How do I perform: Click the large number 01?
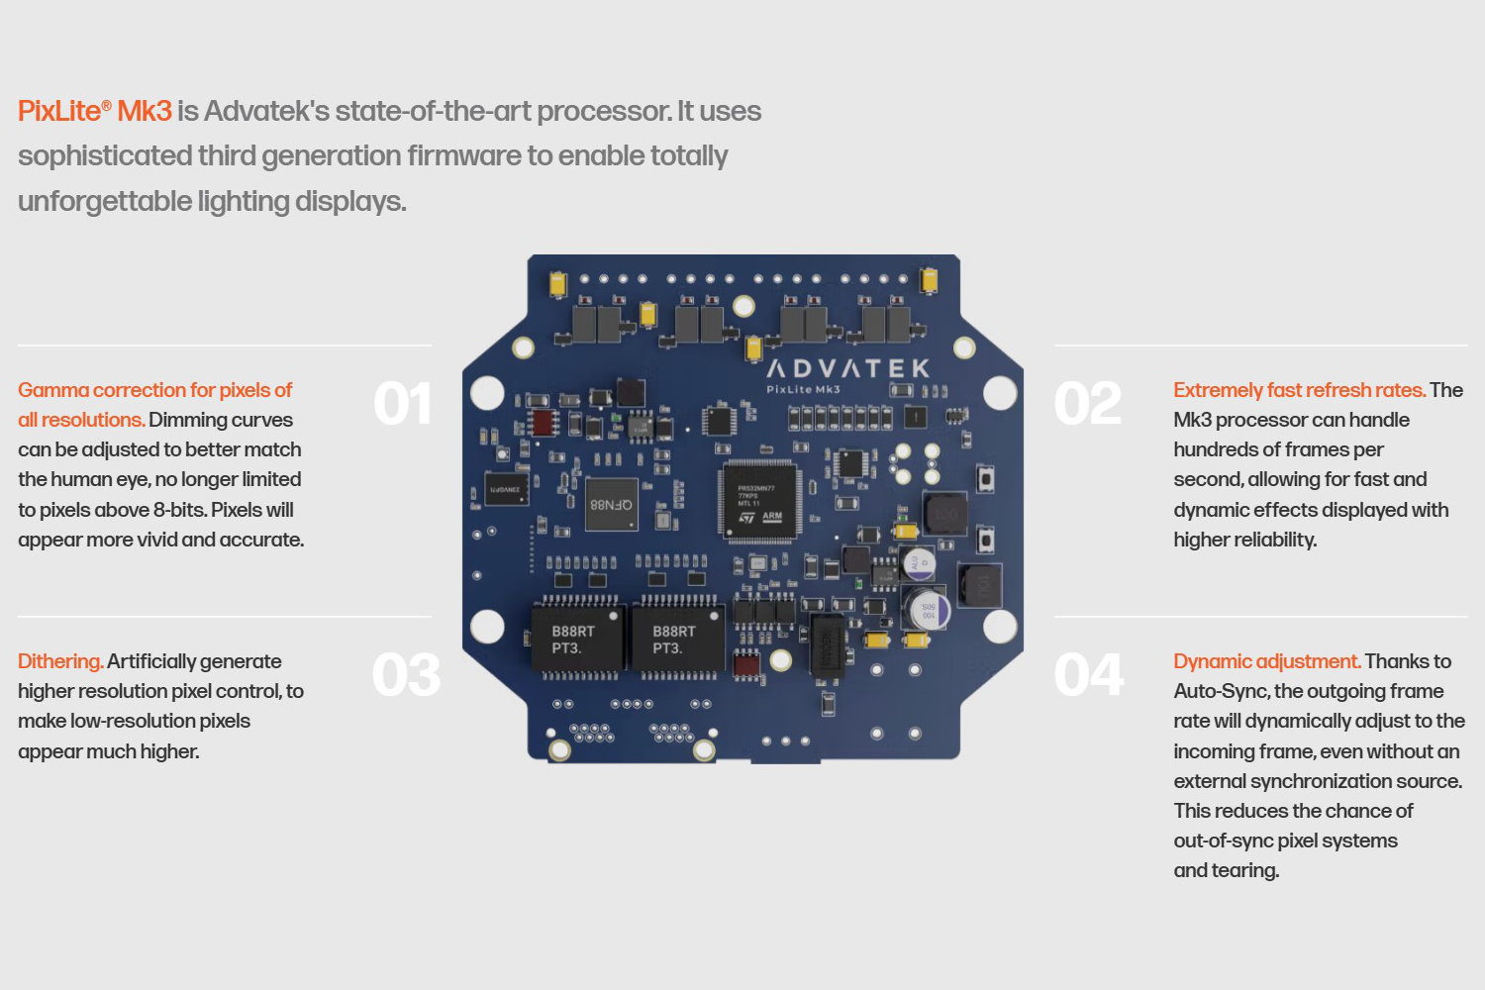[x=402, y=405]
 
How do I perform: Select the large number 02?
[x=1087, y=405]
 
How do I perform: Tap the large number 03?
[x=406, y=675]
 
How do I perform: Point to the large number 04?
[x=1089, y=675]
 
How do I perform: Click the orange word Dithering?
[x=60, y=661]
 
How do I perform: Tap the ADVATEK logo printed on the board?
[x=847, y=369]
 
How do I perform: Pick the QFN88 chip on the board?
[x=611, y=505]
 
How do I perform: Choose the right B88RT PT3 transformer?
[x=675, y=640]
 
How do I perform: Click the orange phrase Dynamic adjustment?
[x=1266, y=661]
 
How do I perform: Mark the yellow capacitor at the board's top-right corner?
[x=929, y=280]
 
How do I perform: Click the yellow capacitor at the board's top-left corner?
[x=557, y=283]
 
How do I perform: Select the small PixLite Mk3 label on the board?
[x=803, y=389]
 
